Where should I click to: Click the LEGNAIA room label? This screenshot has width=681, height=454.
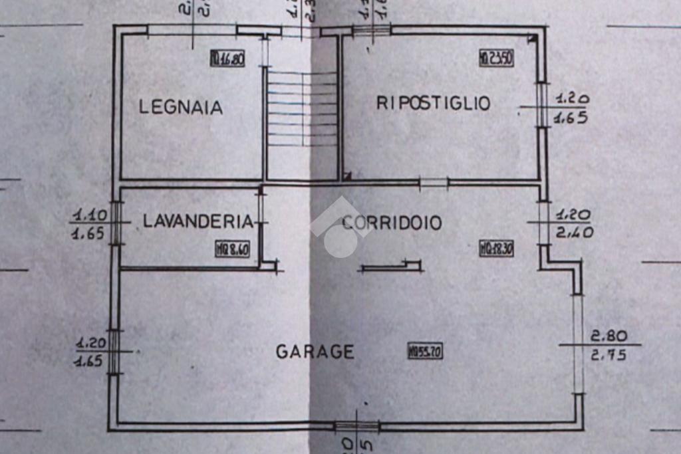coord(180,107)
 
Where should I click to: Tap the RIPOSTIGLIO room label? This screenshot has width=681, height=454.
coord(433,103)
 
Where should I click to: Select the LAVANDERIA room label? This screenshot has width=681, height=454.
coord(198,221)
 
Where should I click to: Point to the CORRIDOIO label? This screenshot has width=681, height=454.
coord(392,223)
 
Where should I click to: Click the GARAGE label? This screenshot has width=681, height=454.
coord(315,351)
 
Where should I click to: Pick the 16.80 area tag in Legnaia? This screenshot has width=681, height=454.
coord(227,59)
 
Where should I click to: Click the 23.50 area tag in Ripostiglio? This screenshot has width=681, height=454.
coord(496,58)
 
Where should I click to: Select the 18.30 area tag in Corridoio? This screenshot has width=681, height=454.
coord(496,250)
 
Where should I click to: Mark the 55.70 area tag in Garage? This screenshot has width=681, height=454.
coord(425,352)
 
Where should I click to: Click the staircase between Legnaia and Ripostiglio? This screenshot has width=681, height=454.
coord(302,110)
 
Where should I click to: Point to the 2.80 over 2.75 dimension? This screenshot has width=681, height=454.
coord(607,345)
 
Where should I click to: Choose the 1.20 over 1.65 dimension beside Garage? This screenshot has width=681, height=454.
coord(90,352)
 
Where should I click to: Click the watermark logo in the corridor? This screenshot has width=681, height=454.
coord(341,228)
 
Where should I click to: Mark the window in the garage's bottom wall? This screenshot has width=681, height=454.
coord(356,426)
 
